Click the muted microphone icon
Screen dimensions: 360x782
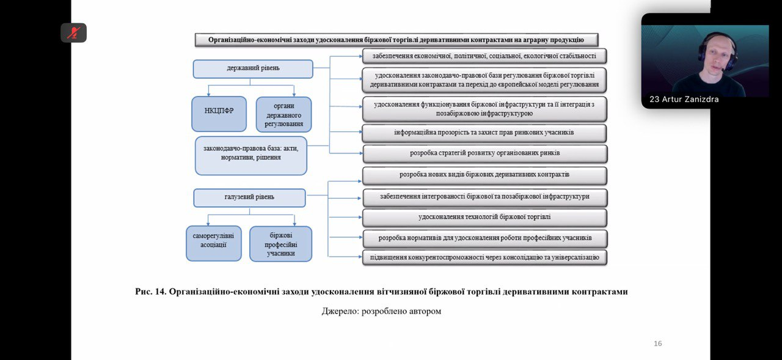(x=73, y=32)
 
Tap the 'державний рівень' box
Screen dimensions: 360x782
(x=252, y=69)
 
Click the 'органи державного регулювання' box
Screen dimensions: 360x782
(x=283, y=114)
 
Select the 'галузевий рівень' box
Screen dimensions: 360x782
(x=249, y=197)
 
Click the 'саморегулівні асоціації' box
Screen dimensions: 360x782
(x=213, y=243)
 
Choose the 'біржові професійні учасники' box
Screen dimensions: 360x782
(x=280, y=244)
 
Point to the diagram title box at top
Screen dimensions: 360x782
(x=396, y=40)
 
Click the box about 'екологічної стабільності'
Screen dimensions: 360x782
(x=484, y=56)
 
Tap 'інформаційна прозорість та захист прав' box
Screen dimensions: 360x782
(x=484, y=133)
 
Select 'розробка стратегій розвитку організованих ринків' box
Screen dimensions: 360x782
(x=484, y=153)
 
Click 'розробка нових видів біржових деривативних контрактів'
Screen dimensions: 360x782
(x=484, y=175)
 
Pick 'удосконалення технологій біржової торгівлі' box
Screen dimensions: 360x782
(x=484, y=217)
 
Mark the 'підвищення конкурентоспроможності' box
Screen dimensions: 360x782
(x=484, y=257)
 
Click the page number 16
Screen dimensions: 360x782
(x=657, y=343)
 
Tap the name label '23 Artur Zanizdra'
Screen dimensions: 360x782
(x=684, y=99)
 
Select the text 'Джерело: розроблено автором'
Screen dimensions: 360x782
(x=381, y=311)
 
